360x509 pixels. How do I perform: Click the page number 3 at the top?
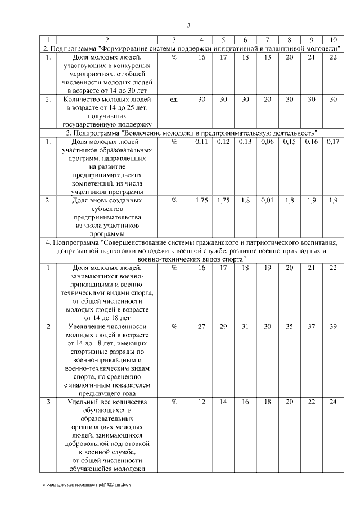189,25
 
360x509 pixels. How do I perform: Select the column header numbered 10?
333,40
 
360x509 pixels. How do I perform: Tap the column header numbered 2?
107,40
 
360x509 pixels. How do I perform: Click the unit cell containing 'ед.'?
174,100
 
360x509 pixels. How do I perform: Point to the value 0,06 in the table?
267,142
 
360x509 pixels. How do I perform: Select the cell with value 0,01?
267,201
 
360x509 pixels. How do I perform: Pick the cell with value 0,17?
333,142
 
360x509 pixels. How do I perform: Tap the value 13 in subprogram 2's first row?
267,57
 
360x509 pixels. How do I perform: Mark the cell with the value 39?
333,327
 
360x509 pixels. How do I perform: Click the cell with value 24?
333,403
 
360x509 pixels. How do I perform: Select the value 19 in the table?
267,268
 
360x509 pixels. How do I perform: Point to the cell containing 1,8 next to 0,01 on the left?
245,201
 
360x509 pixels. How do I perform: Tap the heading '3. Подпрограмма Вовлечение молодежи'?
189,133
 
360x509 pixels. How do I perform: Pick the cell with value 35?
289,327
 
